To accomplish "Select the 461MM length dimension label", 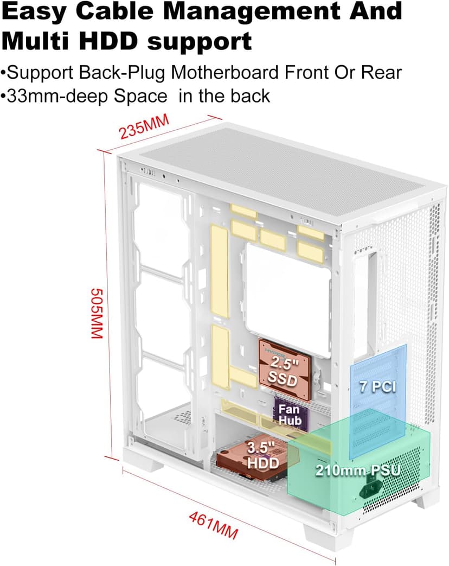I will click(213, 525).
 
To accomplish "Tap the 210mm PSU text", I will click(358, 470).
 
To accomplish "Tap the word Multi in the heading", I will click(38, 41).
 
